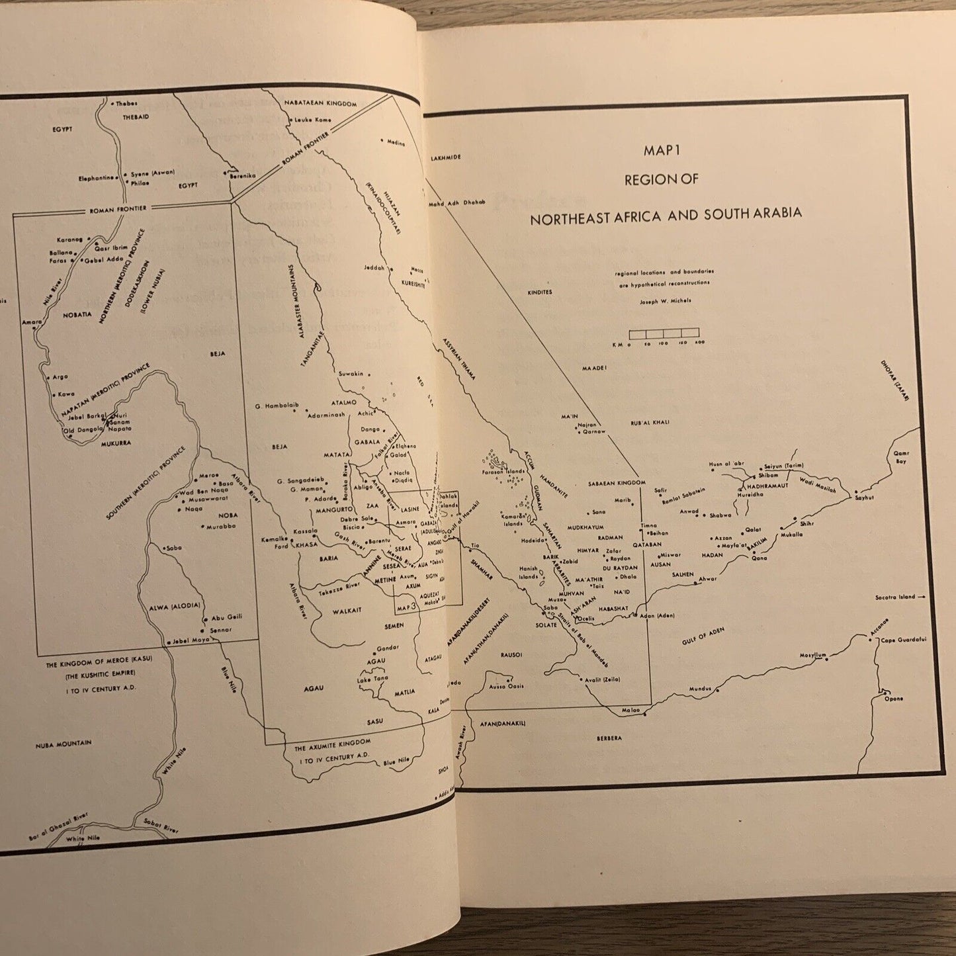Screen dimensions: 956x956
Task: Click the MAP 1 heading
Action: click(662, 151)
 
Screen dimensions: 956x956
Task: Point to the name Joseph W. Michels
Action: click(664, 300)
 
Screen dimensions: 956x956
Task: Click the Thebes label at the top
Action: click(126, 103)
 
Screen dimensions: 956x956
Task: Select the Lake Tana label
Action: click(372, 679)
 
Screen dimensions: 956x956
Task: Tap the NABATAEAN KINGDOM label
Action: click(321, 104)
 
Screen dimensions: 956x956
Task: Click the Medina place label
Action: click(396, 143)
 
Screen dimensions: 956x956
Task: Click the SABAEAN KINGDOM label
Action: click(616, 484)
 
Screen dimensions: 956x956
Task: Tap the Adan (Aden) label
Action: click(657, 616)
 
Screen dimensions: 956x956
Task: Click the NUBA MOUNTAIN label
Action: click(64, 744)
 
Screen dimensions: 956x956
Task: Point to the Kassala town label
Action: click(306, 531)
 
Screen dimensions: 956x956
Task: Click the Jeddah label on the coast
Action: click(374, 268)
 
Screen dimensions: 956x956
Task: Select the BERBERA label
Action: click(608, 738)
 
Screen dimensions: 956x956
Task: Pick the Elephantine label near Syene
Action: click(97, 177)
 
